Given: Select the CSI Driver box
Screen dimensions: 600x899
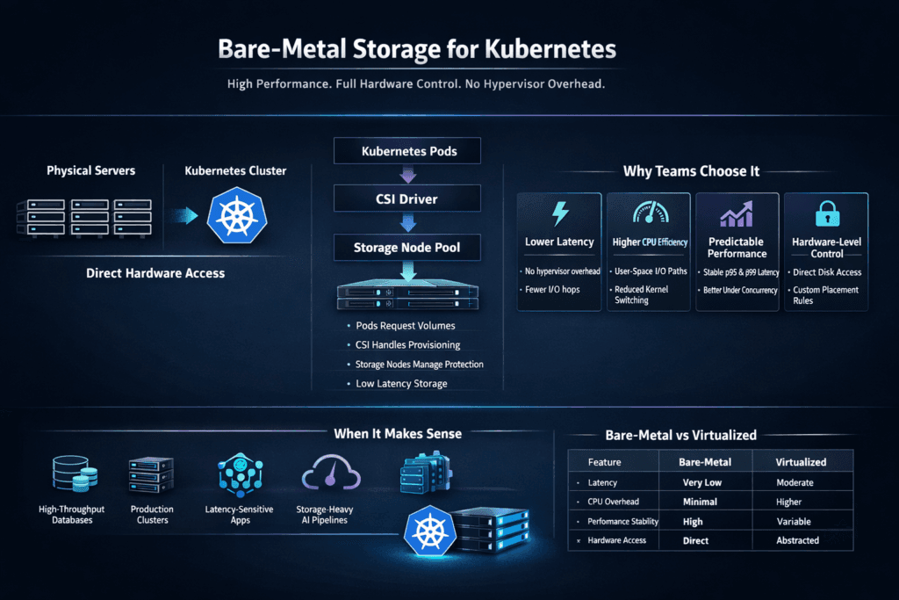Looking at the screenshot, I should pos(408,199).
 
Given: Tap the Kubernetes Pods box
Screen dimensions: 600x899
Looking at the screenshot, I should pos(408,151).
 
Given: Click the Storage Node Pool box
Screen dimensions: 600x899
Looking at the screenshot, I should pos(408,248).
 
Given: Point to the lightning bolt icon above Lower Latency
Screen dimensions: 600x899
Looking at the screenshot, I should pos(558,213).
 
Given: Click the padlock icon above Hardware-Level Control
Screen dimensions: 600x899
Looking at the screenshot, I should pos(826,213).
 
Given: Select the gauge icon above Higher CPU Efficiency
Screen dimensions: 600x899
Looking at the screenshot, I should pos(648,213).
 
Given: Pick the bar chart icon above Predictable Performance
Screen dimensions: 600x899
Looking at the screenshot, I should pos(737,213).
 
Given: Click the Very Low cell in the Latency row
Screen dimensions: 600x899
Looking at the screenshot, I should pos(702,482).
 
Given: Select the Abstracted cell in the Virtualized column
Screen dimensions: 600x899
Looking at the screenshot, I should pos(797,540).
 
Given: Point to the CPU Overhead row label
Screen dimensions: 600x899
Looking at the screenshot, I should pos(615,502).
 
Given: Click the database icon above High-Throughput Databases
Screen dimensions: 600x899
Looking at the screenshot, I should pos(71,475).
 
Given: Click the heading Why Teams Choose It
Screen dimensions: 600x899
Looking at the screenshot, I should pos(691,171).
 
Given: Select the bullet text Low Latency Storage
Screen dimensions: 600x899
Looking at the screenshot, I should pos(401,383).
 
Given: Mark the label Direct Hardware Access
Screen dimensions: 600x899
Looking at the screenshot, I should pos(155,273).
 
